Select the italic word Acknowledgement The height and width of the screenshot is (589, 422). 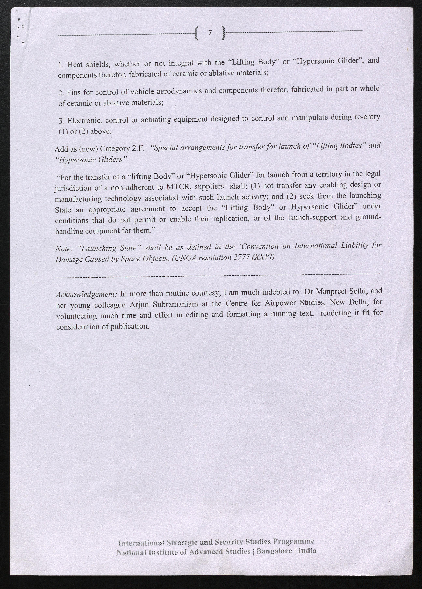point(87,294)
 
